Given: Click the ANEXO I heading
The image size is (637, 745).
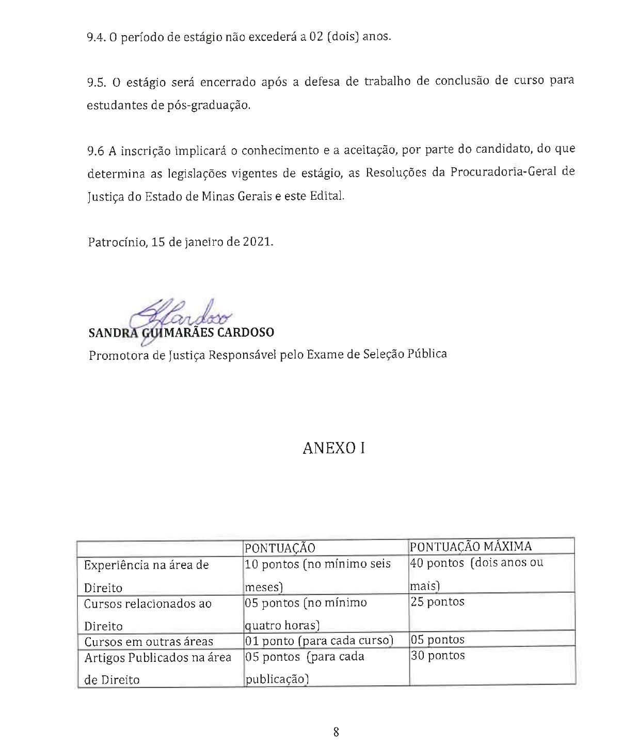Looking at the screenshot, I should coord(333,448).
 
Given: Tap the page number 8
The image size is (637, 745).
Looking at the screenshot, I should coord(336,731).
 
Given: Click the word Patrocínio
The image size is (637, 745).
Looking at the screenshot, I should coord(117,242).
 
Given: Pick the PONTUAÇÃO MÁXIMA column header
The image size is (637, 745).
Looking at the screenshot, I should coord(470,546).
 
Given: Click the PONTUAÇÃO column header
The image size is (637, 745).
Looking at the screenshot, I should coord(279,547).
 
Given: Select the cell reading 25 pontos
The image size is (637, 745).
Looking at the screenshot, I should coord(437,602).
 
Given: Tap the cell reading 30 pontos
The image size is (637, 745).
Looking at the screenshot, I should coord(437,656).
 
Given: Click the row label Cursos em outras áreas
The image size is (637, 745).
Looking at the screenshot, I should coord(149,642).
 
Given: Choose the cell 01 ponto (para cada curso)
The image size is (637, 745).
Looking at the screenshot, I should coord(319,641).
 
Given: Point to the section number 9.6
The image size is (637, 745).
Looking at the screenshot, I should coord(96,150).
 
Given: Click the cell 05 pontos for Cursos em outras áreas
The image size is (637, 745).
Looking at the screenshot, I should coord(437,640).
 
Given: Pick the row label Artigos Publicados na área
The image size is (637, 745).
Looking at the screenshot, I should coord(157,658).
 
